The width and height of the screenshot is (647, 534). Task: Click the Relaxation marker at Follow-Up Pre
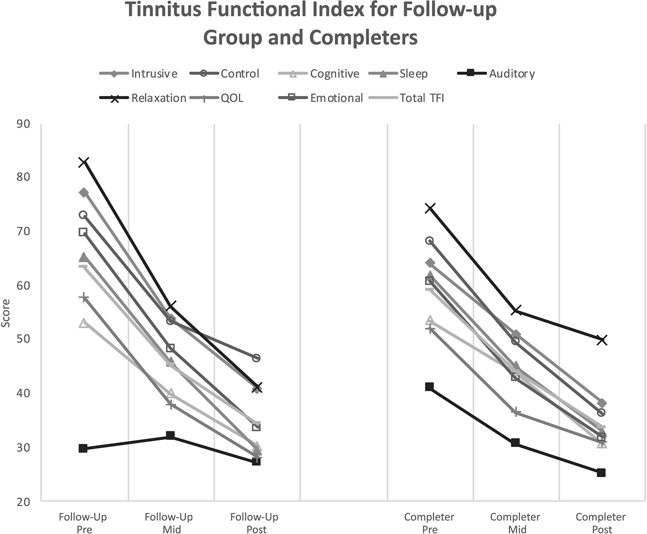(x=83, y=162)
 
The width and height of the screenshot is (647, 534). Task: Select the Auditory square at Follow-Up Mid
(x=170, y=436)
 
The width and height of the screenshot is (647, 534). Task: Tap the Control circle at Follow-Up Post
(x=256, y=358)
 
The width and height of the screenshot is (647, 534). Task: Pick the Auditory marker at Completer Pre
(x=429, y=387)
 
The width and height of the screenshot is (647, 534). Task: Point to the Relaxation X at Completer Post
(x=601, y=340)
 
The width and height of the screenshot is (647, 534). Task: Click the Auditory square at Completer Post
(x=601, y=472)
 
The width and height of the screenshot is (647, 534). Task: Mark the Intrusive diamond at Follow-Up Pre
(x=83, y=192)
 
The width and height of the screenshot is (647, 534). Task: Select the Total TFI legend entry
(x=422, y=98)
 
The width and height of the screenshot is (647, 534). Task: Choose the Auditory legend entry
(x=512, y=74)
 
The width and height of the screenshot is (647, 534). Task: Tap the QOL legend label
(x=232, y=98)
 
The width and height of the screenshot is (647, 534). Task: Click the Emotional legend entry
(x=336, y=98)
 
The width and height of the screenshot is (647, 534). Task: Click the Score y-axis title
(x=6, y=313)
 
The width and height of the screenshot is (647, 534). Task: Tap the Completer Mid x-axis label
(x=515, y=523)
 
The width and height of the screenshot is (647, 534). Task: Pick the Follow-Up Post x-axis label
(x=254, y=523)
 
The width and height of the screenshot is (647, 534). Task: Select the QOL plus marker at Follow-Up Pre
(x=83, y=298)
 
